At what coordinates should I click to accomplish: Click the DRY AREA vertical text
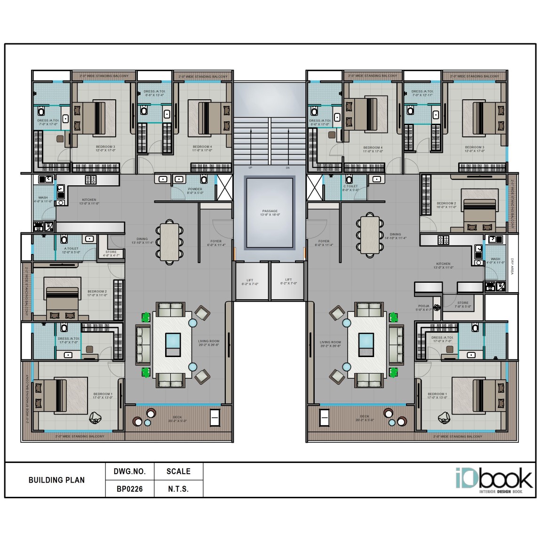click(512, 267)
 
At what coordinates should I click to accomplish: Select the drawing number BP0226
click(129, 489)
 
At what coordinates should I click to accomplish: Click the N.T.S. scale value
click(178, 489)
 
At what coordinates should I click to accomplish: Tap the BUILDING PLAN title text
click(56, 480)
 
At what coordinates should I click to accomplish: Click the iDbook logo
click(494, 480)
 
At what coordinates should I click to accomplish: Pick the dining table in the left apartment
click(170, 241)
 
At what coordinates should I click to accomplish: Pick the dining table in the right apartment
click(370, 234)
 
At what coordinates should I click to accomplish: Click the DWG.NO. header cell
click(129, 471)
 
